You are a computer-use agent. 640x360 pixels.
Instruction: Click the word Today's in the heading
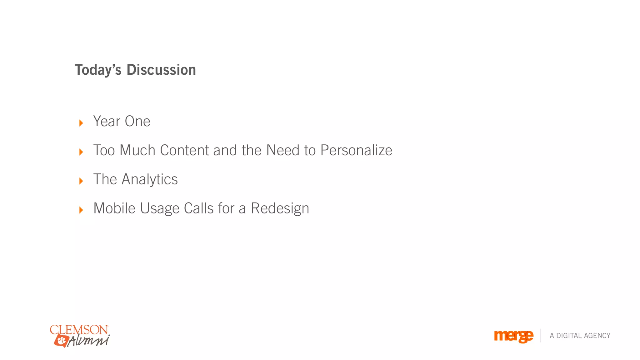pos(98,70)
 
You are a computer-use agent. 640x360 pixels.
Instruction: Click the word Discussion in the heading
pos(161,70)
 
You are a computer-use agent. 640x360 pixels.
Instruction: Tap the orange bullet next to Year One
pos(81,123)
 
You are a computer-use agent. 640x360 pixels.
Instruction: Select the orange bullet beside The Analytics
pos(81,181)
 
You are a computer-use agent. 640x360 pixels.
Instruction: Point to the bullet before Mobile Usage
pos(81,210)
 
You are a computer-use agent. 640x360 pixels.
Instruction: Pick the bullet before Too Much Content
pos(81,152)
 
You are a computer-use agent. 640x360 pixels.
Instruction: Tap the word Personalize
pos(356,151)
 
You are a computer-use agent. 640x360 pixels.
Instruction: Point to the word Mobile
pos(114,208)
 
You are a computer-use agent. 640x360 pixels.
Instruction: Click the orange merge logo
pos(513,336)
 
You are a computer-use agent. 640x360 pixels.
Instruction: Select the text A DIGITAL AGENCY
pos(580,336)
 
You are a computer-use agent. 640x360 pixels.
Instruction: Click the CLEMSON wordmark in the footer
pos(79,330)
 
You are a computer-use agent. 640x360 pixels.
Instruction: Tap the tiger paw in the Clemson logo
pos(61,340)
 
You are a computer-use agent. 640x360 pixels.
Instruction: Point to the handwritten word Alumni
pos(89,340)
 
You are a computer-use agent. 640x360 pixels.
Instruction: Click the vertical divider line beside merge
pos(541,335)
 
